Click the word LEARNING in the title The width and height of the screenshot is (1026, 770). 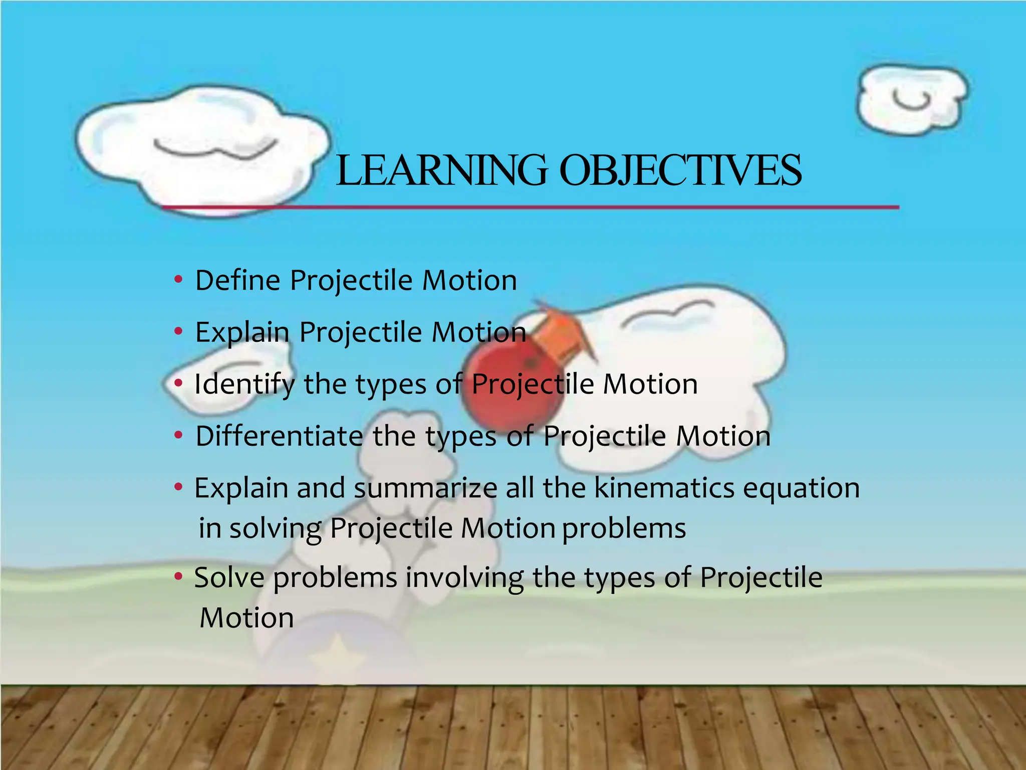tap(441, 170)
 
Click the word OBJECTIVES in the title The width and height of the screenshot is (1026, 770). tap(680, 170)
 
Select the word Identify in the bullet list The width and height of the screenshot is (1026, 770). tap(244, 384)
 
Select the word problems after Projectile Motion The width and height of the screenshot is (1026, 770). tap(624, 529)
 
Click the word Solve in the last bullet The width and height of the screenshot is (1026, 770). tap(229, 577)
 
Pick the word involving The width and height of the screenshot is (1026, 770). tap(464, 578)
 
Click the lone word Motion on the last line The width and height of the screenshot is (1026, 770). tap(246, 618)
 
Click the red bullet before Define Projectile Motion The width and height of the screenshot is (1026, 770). tap(178, 279)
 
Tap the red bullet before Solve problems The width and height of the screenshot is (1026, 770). tap(178, 577)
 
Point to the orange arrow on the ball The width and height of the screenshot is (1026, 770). tap(561, 331)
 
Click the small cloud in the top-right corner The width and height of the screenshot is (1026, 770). tap(912, 100)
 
